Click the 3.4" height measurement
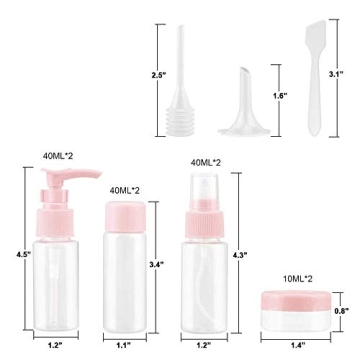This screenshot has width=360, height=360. click(x=156, y=265)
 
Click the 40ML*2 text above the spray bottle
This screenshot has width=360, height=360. click(x=205, y=162)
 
